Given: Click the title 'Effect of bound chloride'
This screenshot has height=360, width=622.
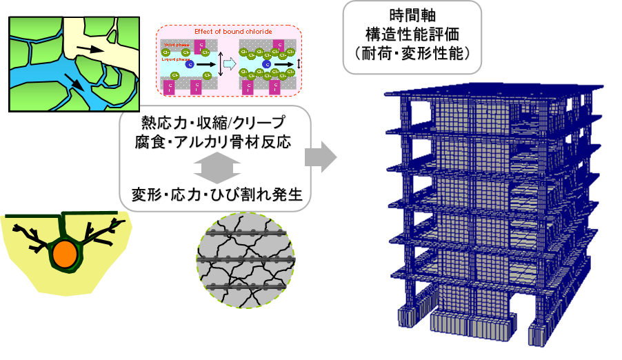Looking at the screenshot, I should (228, 32).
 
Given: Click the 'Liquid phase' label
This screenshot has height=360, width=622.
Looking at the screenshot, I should (175, 59).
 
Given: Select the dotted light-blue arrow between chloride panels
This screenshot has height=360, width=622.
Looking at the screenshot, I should (230, 65).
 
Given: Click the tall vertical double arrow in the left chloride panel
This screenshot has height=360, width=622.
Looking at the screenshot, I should (220, 65).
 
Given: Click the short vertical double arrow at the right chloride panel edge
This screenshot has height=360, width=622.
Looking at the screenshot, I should (299, 65).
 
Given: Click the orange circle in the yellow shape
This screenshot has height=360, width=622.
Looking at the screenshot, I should (64, 254).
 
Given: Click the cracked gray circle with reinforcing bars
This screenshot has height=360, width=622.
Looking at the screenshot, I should (245, 261).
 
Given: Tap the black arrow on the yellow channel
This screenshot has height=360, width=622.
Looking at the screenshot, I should (90, 49).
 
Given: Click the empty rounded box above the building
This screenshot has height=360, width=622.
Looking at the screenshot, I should (412, 37).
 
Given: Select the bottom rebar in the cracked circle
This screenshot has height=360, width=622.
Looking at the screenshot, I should (245, 286).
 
